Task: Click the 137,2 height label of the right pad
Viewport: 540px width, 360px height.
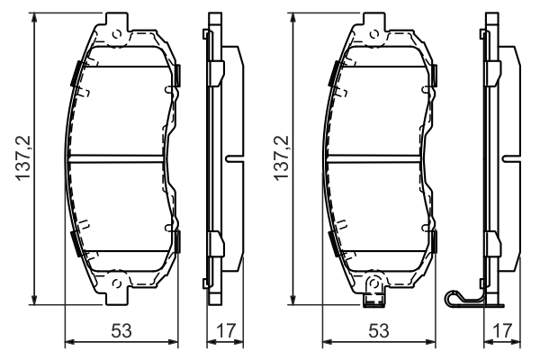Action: [x=282, y=159]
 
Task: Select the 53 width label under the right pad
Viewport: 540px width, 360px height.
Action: [x=379, y=331]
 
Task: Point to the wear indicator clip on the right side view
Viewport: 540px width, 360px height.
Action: [x=464, y=297]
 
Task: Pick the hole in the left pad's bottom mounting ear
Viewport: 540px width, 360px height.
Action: [x=116, y=285]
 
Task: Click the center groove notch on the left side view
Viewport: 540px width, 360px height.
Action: [x=231, y=159]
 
